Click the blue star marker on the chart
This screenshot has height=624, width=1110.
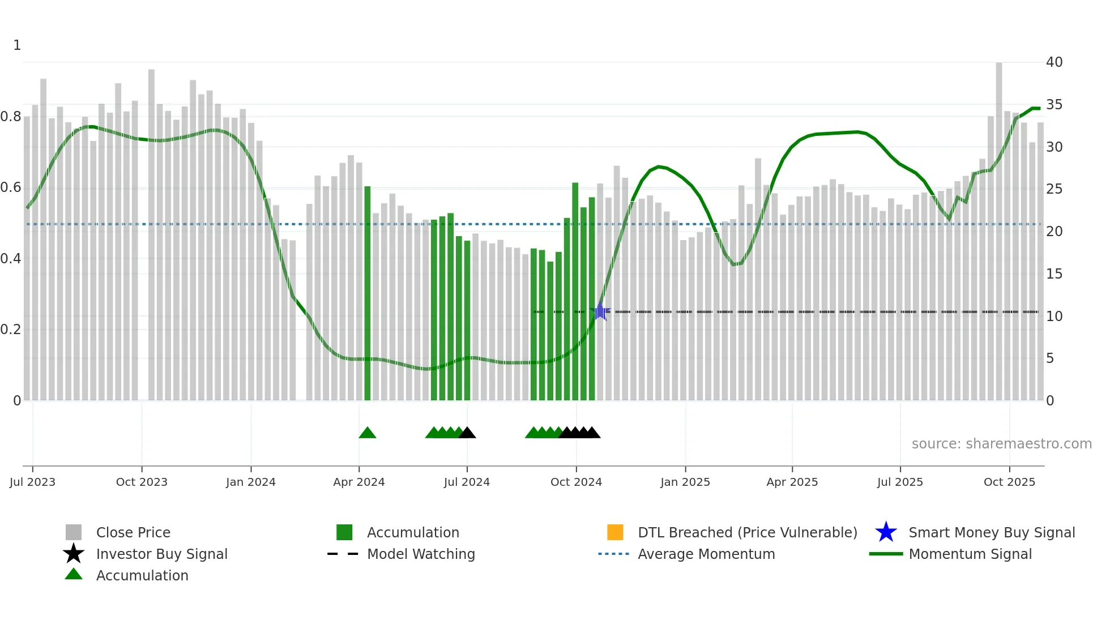(600, 311)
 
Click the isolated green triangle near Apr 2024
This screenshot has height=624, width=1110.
(367, 433)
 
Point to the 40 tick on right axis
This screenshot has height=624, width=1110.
(1054, 62)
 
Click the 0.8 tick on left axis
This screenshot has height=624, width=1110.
(11, 117)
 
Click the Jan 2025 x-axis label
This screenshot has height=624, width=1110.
(685, 482)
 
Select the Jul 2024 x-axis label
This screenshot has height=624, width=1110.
(467, 482)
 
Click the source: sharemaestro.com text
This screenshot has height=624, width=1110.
(1001, 444)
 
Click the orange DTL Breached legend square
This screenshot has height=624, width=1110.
(615, 532)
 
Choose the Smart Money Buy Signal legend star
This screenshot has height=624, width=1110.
(886, 532)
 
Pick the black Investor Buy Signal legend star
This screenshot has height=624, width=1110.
(74, 554)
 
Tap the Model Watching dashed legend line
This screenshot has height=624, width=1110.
(343, 554)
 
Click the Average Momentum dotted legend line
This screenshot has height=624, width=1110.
(614, 554)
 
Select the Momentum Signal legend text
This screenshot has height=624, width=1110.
(970, 554)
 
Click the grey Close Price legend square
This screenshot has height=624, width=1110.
(74, 532)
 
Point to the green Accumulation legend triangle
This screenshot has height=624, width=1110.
(74, 574)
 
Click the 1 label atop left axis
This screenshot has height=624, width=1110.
(17, 45)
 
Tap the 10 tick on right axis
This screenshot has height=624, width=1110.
(1054, 317)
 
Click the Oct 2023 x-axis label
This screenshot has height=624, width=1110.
(142, 482)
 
